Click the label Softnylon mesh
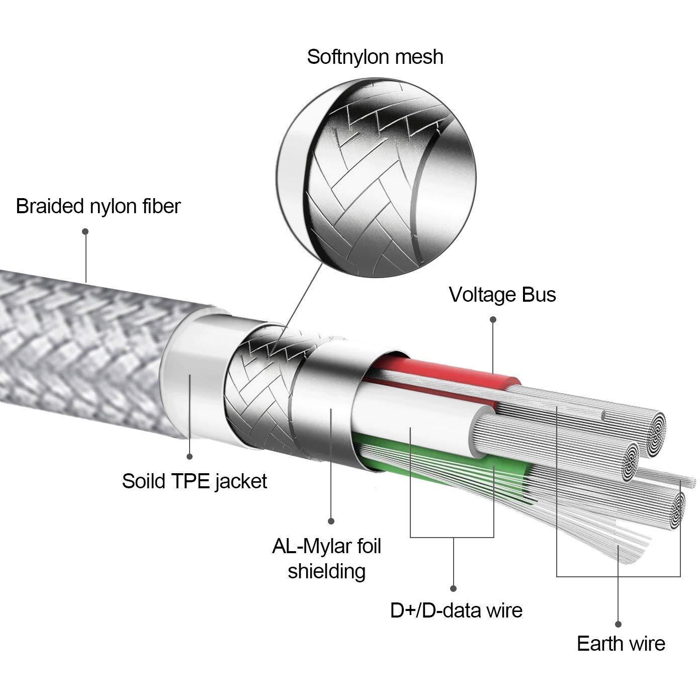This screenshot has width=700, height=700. point(375,57)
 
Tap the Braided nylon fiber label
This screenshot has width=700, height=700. point(98,206)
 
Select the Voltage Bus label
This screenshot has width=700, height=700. point(502,295)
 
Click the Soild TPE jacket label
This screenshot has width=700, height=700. point(194,481)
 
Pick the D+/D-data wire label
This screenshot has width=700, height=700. point(456,610)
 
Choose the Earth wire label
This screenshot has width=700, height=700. point(621,644)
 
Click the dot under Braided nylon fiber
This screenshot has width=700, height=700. point(85,231)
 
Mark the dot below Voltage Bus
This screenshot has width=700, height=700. point(493,319)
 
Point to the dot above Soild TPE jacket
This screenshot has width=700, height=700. point(190,457)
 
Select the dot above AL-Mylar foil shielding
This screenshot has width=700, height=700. point(331,521)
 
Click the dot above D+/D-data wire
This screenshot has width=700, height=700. point(453,588)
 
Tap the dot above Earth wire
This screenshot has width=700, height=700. point(619,624)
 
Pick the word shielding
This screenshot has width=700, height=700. point(326,571)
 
